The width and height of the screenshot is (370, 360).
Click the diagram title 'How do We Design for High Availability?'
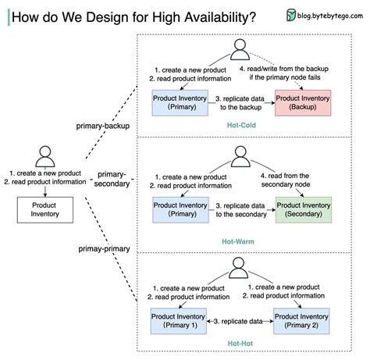(133, 16)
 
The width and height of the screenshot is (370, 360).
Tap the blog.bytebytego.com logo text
(326, 15)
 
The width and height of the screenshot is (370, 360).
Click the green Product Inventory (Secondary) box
(303, 209)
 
